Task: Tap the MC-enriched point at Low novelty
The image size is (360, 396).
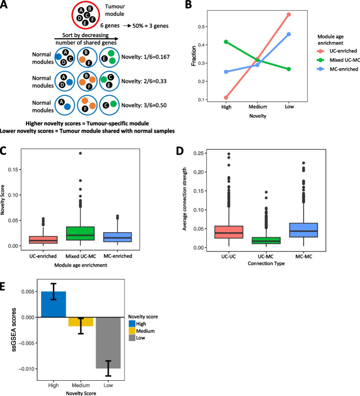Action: pos(288,34)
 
